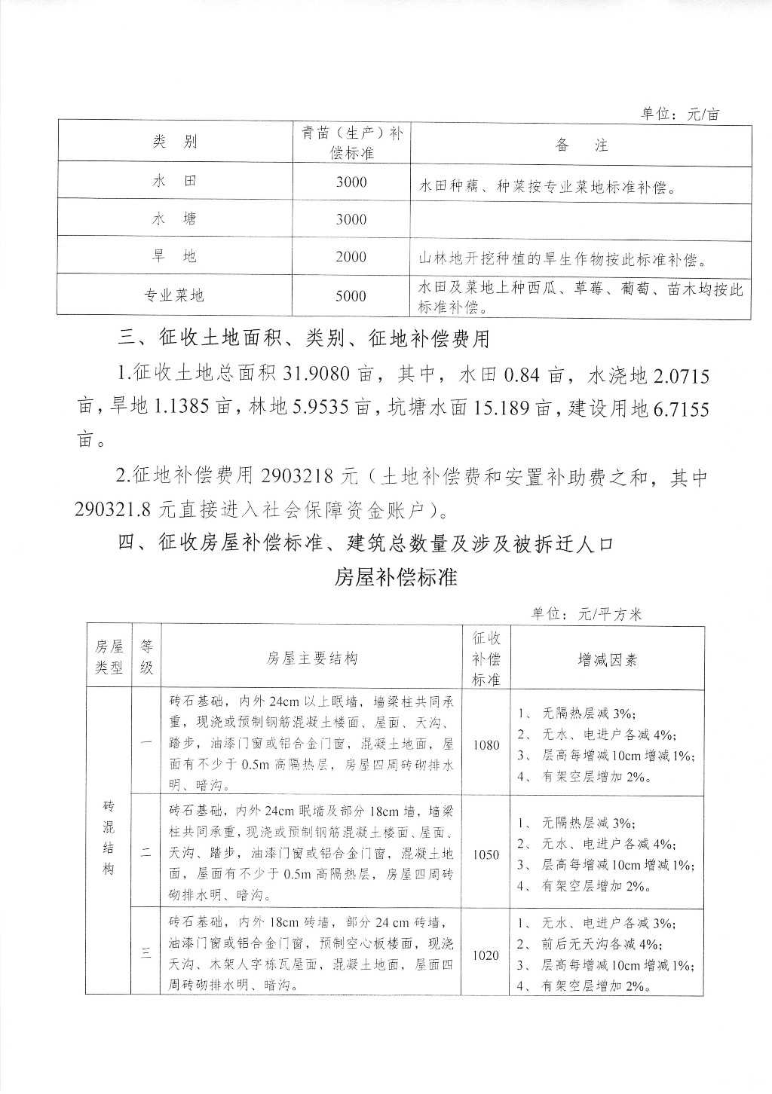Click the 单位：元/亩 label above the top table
pyautogui.click(x=680, y=114)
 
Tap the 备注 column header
pyautogui.click(x=581, y=145)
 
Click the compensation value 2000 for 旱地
pyautogui.click(x=351, y=257)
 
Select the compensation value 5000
pyautogui.click(x=351, y=295)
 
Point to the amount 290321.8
pyautogui.click(x=115, y=510)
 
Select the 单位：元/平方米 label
pyautogui.click(x=586, y=614)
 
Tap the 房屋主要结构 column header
pyautogui.click(x=311, y=659)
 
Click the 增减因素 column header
pyautogui.click(x=607, y=659)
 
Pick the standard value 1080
pyautogui.click(x=486, y=744)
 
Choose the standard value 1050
pyautogui.click(x=486, y=854)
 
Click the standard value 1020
pyautogui.click(x=486, y=955)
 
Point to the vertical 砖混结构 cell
pyautogui.click(x=109, y=837)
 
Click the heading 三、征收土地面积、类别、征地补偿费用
pyautogui.click(x=304, y=338)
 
